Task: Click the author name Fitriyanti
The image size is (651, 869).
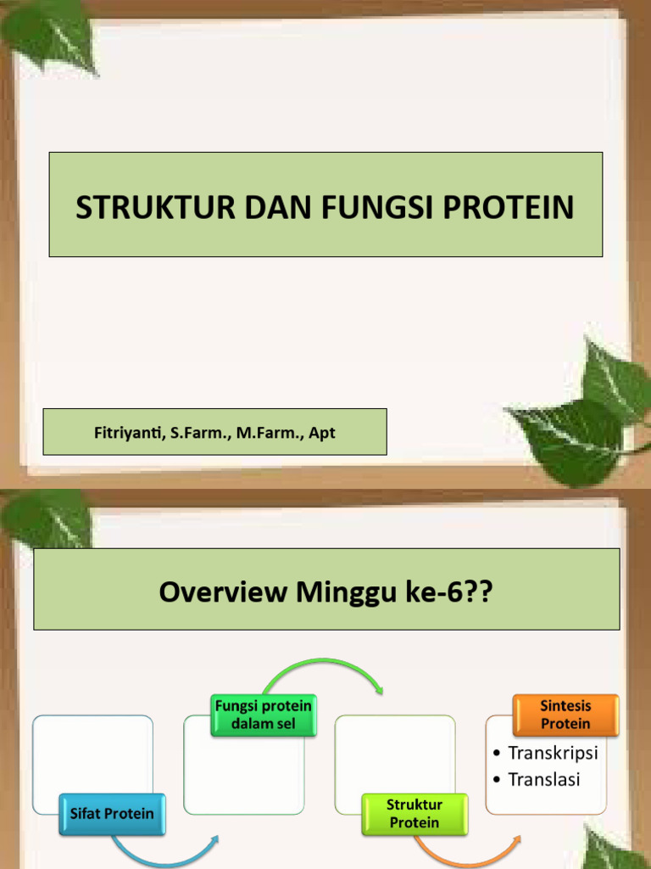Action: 125,433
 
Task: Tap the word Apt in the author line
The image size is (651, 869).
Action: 322,433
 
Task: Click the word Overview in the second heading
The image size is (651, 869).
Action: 224,591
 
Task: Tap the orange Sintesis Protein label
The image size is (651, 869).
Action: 565,715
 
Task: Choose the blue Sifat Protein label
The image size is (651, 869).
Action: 112,814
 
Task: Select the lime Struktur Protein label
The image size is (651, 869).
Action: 415,814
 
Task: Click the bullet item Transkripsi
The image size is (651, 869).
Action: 553,753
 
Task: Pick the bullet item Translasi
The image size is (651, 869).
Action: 543,779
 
